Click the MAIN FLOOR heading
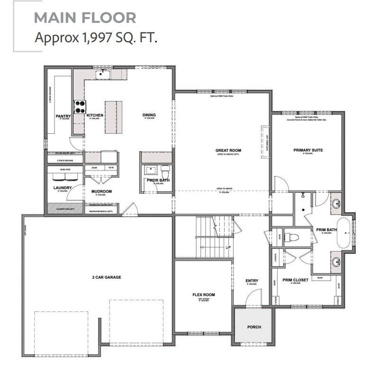pos(85,18)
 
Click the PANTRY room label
pos(63,115)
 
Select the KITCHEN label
pos(95,115)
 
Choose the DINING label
pos(149,115)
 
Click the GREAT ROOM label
pos(229,150)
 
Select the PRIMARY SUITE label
pos(308,150)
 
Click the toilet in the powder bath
pos(165,169)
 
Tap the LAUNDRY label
pos(63,187)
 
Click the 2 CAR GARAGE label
pos(107,277)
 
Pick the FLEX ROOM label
pos(203,295)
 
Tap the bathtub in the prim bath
pos(344,233)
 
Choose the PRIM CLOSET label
pos(296,280)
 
